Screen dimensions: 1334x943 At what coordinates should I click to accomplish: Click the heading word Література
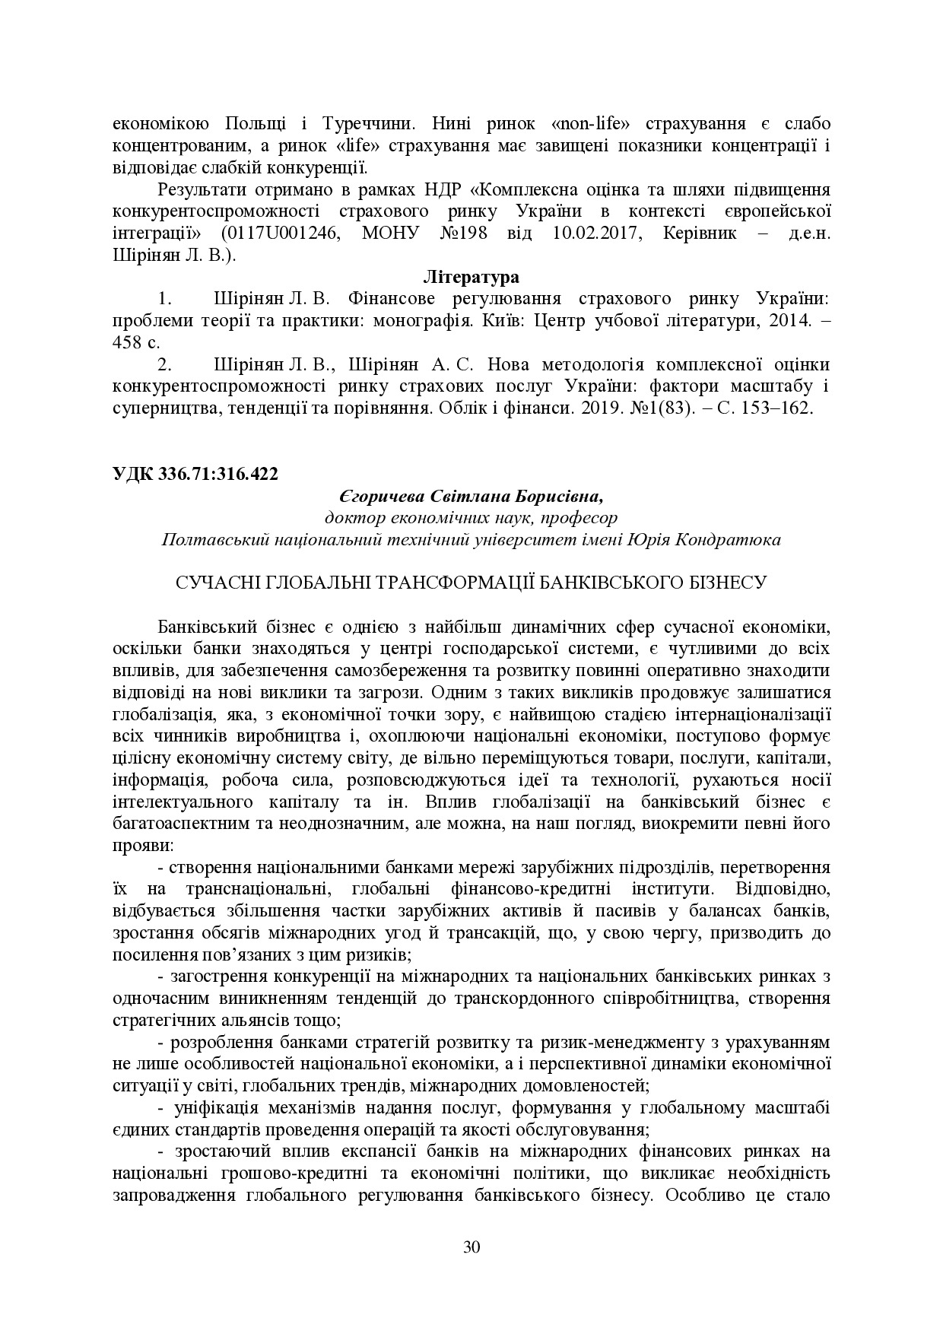[x=471, y=275]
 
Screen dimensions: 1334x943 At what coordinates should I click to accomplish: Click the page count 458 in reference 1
[x=129, y=342]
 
